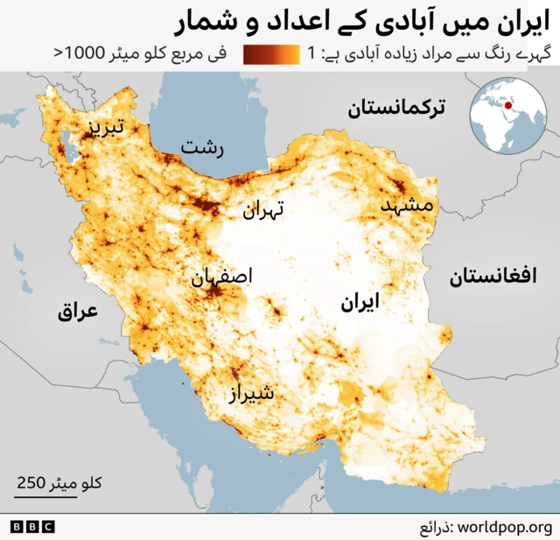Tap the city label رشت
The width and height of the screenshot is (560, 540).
[202, 148]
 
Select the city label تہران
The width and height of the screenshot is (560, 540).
[263, 210]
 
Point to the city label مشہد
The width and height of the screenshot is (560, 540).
[408, 205]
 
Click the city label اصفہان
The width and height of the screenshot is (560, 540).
[221, 277]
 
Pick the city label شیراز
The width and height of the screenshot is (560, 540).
[252, 394]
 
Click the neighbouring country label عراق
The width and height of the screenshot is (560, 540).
[78, 311]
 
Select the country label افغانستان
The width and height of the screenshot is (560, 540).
[493, 277]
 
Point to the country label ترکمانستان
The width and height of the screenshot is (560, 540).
[396, 109]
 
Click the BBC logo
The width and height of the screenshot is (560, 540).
[32, 527]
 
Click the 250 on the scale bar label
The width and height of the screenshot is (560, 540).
[31, 482]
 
